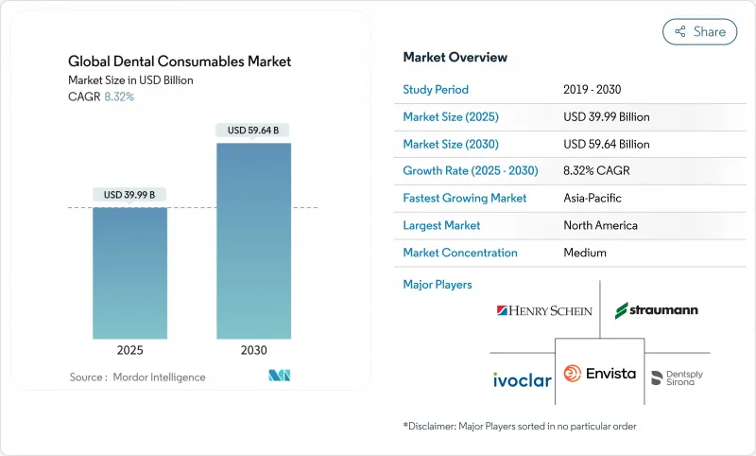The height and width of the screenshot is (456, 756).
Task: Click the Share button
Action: click(x=699, y=31)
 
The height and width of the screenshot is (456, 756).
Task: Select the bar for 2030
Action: click(x=253, y=240)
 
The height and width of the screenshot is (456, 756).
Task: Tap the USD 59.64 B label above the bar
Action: click(x=253, y=131)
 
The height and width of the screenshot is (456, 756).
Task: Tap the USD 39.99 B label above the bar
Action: click(x=129, y=195)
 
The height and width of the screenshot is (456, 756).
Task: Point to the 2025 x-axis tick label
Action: click(x=129, y=349)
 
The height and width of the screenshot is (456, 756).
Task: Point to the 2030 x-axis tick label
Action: click(x=253, y=349)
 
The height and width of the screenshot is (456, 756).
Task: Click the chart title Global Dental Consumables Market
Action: click(x=180, y=61)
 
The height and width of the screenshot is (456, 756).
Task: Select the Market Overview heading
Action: click(x=455, y=58)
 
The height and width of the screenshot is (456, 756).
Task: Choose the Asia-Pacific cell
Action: click(x=593, y=199)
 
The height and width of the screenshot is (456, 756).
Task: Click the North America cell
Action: click(x=599, y=225)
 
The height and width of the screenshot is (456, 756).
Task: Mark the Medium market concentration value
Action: click(x=584, y=253)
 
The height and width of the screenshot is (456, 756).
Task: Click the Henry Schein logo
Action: click(x=544, y=310)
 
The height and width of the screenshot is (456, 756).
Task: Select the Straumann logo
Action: click(x=657, y=310)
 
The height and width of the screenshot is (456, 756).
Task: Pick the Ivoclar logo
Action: click(x=522, y=379)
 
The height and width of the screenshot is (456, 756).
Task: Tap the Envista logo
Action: click(x=600, y=375)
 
